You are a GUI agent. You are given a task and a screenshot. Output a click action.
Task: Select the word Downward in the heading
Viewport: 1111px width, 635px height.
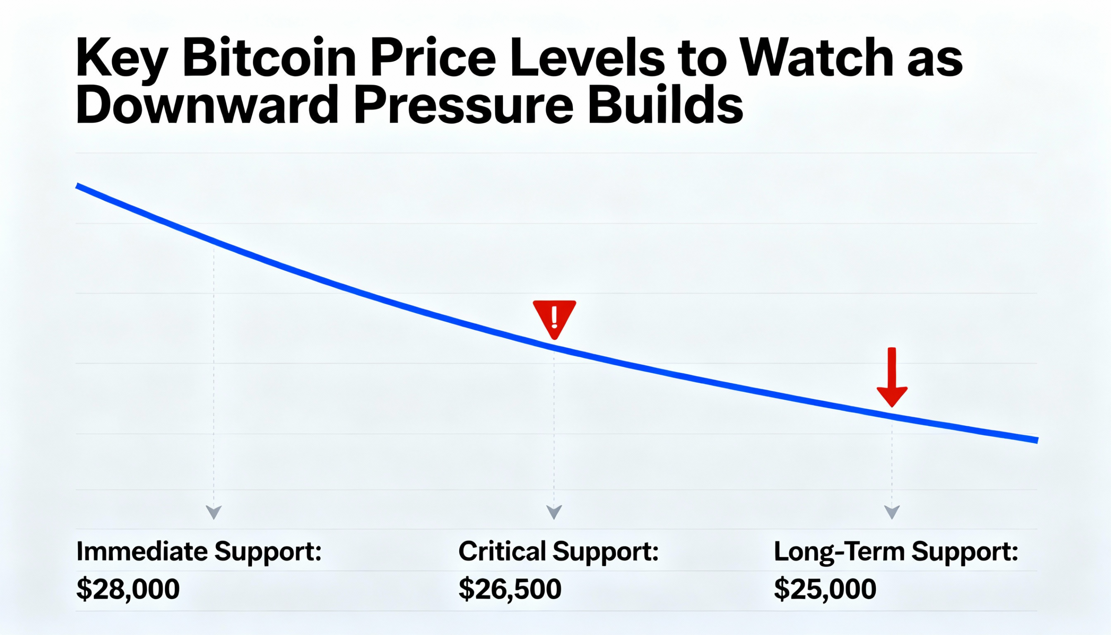coord(207,106)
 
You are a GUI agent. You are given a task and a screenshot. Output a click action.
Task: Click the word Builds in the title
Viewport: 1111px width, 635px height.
coord(664,106)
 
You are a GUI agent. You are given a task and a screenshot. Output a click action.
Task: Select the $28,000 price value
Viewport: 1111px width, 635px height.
coord(128,589)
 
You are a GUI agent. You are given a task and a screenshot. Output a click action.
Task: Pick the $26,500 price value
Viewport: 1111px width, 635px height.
coord(510,589)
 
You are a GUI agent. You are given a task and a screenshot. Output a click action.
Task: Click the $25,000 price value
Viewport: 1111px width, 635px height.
coord(825,589)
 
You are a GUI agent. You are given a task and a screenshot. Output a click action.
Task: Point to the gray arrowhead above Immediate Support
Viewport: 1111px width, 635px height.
coord(214,512)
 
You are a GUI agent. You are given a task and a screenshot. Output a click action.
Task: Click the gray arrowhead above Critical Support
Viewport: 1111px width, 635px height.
coord(554,512)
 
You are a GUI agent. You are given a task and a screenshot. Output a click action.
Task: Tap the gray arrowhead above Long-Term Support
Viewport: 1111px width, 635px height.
coord(892,512)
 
